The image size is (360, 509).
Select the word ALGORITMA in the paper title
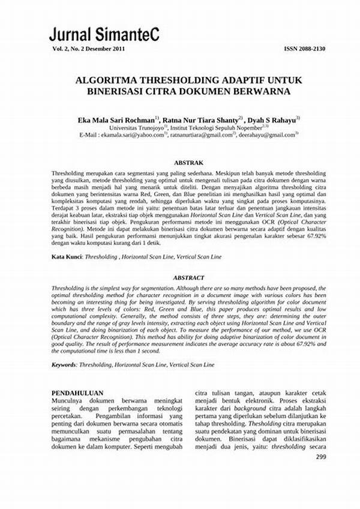point(107,80)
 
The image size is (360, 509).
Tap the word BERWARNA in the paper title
point(258,91)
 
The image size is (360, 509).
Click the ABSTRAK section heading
point(188,163)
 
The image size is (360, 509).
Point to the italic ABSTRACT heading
point(188,278)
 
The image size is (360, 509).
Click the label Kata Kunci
point(66,256)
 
